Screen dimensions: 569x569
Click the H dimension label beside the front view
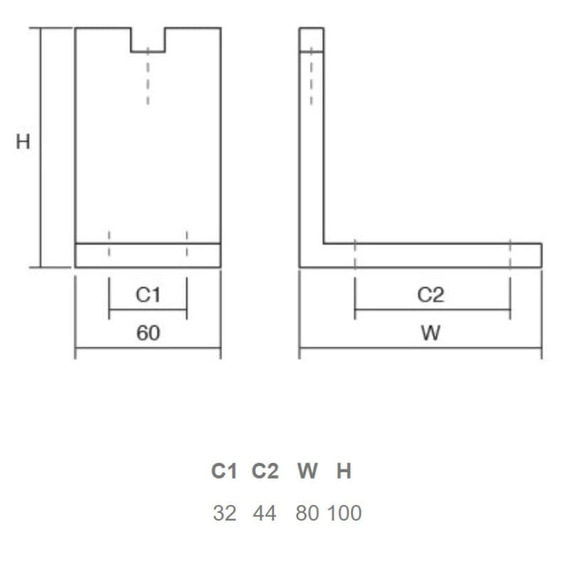[x=23, y=142]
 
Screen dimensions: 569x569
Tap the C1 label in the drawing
[x=148, y=294]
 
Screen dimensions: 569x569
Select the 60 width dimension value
[x=148, y=333]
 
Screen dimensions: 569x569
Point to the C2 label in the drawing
[x=430, y=294]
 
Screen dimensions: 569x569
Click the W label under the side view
[x=431, y=333]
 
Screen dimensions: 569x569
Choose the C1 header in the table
[x=224, y=471]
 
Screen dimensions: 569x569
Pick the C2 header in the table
[x=265, y=471]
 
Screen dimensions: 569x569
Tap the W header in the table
[x=308, y=471]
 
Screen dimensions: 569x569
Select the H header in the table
[x=344, y=471]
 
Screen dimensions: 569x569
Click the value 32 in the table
[x=225, y=513]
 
